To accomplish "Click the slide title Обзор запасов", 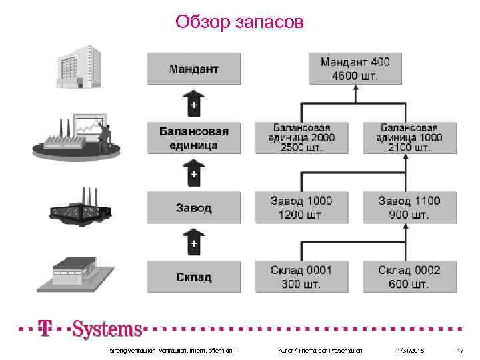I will pyautogui.click(x=239, y=22).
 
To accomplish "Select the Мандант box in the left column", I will pyautogui.click(x=193, y=69).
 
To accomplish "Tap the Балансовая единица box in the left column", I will pyautogui.click(x=193, y=138).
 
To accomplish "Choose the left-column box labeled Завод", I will pyautogui.click(x=193, y=208).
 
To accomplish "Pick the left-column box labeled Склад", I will pyautogui.click(x=193, y=277).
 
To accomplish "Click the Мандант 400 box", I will pyautogui.click(x=355, y=69).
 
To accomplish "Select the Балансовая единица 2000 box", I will pyautogui.click(x=301, y=138).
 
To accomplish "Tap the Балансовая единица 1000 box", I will pyautogui.click(x=409, y=138).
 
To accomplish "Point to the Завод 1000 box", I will pyautogui.click(x=301, y=208).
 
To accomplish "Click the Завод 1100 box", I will pyautogui.click(x=409, y=208).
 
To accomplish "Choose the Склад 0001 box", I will pyautogui.click(x=301, y=277).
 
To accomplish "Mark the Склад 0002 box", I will pyautogui.click(x=409, y=277).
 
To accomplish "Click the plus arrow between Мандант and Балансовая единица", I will pyautogui.click(x=193, y=104).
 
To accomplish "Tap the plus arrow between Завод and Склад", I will pyautogui.click(x=193, y=243).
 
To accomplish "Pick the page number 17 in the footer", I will pyautogui.click(x=460, y=351).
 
